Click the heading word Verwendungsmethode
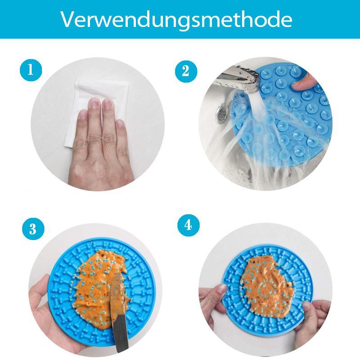(x=176, y=19)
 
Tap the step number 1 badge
(x=31, y=70)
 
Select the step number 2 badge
(x=186, y=72)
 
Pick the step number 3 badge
(x=33, y=229)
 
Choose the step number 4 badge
(x=189, y=225)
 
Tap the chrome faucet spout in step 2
(x=239, y=79)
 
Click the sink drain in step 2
(x=221, y=112)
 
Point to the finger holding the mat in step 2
(x=303, y=83)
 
